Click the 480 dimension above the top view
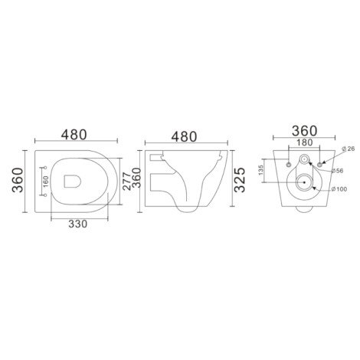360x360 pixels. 74,135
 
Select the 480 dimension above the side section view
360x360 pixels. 184,137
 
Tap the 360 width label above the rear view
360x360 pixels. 305,131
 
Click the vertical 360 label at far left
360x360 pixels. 18,180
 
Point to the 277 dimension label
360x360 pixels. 126,182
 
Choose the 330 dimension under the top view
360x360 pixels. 77,224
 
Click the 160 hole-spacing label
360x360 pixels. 46,182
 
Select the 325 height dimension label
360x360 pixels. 240,180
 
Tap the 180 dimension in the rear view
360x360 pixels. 305,142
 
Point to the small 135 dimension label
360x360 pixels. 260,170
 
